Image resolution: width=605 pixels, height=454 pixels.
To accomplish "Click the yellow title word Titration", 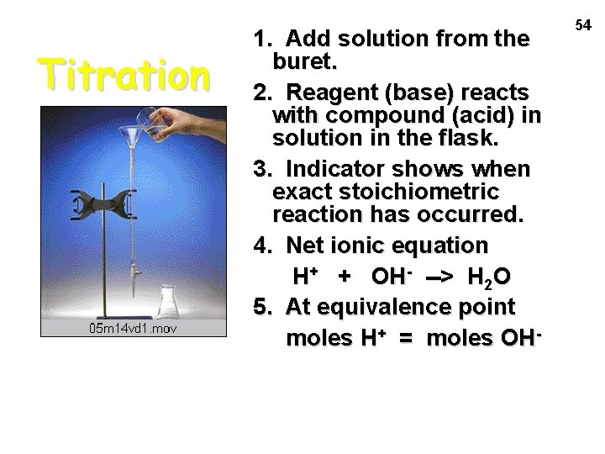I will (x=127, y=75).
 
